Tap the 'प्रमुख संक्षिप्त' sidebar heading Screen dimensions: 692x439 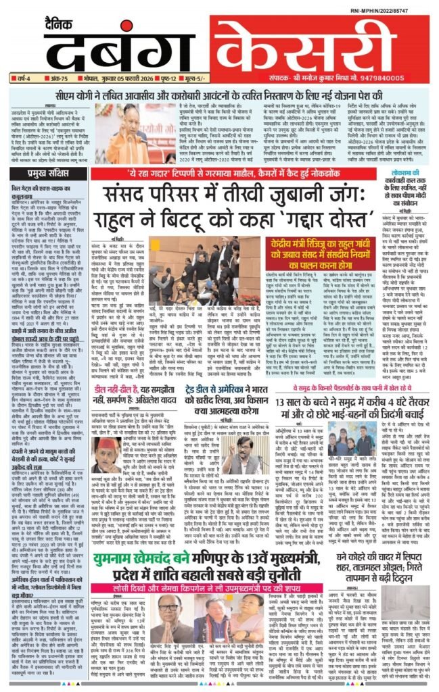(26, 173)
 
